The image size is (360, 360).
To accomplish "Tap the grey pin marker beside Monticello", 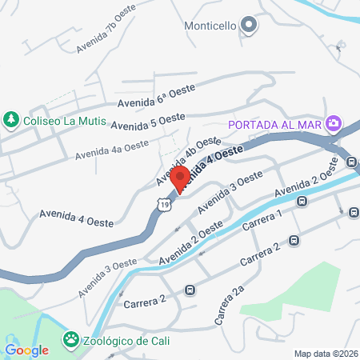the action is point(249,26).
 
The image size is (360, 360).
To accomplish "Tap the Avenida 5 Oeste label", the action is point(148,122).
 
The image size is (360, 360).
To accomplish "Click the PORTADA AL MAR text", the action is point(274,125).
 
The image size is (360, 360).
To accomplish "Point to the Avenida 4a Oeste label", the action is point(113,149).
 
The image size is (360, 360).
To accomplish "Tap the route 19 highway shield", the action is point(163,206).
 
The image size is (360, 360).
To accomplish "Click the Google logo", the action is point(27,350).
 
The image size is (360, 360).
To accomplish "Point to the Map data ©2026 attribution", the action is point(325,354).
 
